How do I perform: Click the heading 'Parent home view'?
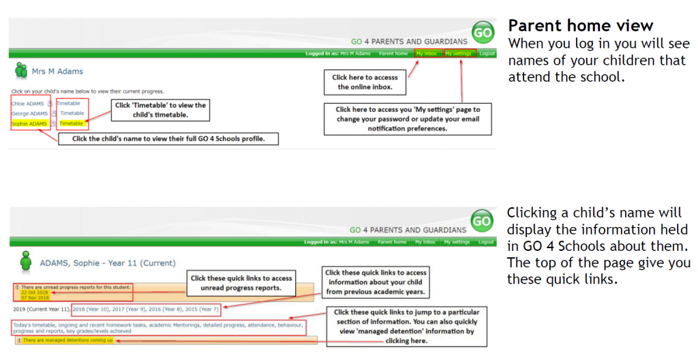(581, 26)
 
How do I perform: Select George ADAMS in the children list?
(30, 114)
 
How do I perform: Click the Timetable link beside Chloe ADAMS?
(69, 104)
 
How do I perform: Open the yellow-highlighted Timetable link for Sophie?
(72, 124)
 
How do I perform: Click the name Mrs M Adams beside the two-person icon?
(57, 71)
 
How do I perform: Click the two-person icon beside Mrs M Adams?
(20, 70)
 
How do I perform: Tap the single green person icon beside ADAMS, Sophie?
(26, 262)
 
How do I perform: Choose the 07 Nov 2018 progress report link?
(34, 298)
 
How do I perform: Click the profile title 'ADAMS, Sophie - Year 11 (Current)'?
(108, 262)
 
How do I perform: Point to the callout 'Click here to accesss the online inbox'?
(365, 82)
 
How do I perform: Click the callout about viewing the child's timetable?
(160, 110)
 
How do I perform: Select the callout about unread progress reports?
(241, 282)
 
